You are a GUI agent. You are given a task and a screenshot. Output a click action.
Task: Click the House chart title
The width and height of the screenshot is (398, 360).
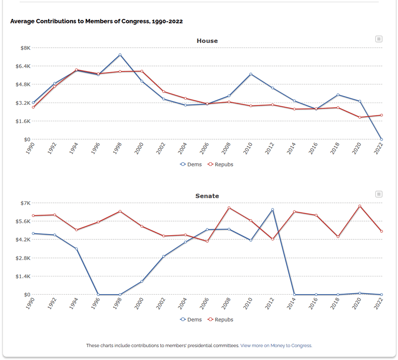[207, 41]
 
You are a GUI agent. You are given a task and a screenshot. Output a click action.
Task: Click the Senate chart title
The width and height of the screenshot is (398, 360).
[207, 196]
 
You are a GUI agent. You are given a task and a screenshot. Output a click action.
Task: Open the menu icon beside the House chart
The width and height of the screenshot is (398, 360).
[379, 39]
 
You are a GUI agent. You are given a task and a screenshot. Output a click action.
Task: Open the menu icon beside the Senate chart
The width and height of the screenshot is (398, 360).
[379, 194]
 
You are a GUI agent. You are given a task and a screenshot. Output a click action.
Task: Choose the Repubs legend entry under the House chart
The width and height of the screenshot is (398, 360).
[220, 165]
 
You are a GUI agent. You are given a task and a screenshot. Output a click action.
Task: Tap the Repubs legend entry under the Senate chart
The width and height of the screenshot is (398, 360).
[220, 320]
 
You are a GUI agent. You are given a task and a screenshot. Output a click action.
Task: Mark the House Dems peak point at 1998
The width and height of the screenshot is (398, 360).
[120, 55]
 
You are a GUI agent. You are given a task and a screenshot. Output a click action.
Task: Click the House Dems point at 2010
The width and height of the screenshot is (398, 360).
[251, 74]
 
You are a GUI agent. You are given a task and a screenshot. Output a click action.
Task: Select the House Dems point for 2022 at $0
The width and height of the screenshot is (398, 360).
[381, 139]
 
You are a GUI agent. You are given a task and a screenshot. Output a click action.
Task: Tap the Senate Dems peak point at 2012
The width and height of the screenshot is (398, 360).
[272, 209]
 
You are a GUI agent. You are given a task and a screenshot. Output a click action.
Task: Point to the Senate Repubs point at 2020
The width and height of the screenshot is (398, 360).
[360, 206]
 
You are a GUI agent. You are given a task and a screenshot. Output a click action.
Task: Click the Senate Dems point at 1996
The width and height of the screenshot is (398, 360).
[98, 295]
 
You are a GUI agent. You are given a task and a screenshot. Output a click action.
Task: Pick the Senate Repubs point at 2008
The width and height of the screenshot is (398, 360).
[229, 208]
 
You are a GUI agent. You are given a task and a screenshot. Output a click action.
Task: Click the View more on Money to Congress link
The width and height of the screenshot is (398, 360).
[276, 346]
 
